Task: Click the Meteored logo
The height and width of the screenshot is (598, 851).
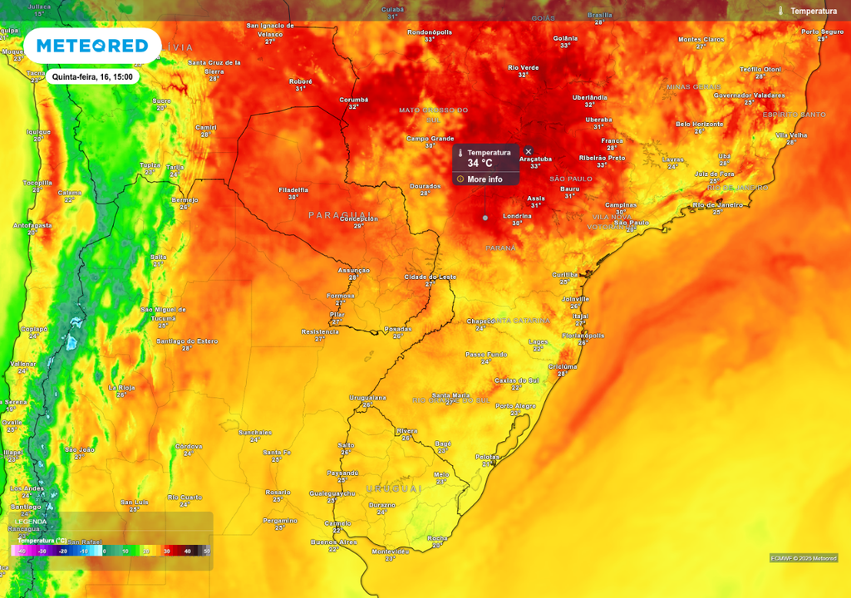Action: [92, 46]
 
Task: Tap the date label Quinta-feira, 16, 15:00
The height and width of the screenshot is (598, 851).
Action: [91, 76]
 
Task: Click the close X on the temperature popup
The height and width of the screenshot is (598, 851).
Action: [529, 151]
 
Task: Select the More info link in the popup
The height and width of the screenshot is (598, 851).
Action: [485, 179]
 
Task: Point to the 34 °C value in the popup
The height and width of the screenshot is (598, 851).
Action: [480, 164]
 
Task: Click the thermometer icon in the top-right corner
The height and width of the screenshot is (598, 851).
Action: [780, 11]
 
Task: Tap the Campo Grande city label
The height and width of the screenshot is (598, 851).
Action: [430, 139]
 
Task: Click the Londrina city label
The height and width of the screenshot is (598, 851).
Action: [517, 216]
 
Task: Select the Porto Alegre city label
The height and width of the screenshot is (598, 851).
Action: [515, 405]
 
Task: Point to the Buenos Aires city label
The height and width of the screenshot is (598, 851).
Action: [333, 542]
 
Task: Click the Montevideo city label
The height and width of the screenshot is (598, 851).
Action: [390, 551]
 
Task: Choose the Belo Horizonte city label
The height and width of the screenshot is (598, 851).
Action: [699, 124]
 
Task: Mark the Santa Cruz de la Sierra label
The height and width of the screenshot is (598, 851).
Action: [214, 66]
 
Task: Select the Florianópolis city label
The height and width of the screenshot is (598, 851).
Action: [583, 336]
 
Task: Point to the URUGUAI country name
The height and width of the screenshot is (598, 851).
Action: [393, 488]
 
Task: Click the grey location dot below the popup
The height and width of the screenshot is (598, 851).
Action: [485, 218]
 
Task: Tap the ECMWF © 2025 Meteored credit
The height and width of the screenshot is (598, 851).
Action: [803, 558]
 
